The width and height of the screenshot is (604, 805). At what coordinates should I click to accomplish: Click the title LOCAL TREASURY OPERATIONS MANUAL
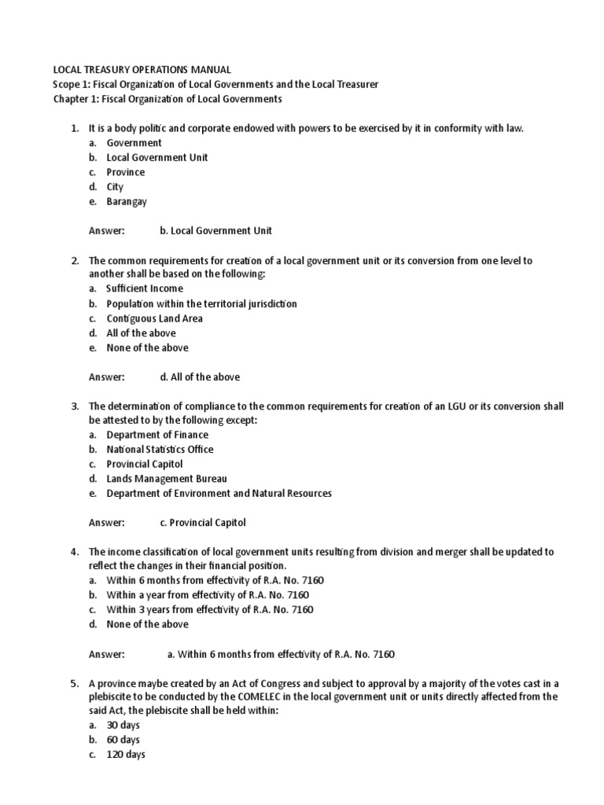pos(142,70)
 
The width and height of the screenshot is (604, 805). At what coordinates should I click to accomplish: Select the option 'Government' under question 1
pos(134,143)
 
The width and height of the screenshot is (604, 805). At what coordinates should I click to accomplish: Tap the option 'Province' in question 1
pos(126,172)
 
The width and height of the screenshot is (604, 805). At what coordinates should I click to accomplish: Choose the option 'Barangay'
pos(127,201)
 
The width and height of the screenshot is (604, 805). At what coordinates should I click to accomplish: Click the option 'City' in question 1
pos(116,187)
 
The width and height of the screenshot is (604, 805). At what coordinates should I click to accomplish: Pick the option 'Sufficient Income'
pos(145,289)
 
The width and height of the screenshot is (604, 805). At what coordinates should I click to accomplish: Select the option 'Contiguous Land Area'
pos(155,318)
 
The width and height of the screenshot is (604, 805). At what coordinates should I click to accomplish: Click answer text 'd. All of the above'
pos(200,377)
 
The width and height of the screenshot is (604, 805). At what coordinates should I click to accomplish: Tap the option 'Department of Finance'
pos(157,435)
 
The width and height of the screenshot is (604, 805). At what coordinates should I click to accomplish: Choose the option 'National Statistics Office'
pos(160,450)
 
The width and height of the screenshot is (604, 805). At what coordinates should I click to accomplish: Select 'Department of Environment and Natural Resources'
pos(219,494)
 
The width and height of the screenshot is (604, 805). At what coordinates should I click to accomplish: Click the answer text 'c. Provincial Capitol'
pos(203,522)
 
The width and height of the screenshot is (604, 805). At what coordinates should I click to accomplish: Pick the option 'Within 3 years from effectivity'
pos(210,609)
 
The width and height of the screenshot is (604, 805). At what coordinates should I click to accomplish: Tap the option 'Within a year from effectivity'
pos(209,595)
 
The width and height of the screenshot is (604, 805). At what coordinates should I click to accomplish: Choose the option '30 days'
pos(123,726)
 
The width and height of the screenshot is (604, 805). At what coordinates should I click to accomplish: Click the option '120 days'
pos(126,755)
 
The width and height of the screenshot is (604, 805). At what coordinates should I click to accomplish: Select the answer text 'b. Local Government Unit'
pos(215,230)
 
